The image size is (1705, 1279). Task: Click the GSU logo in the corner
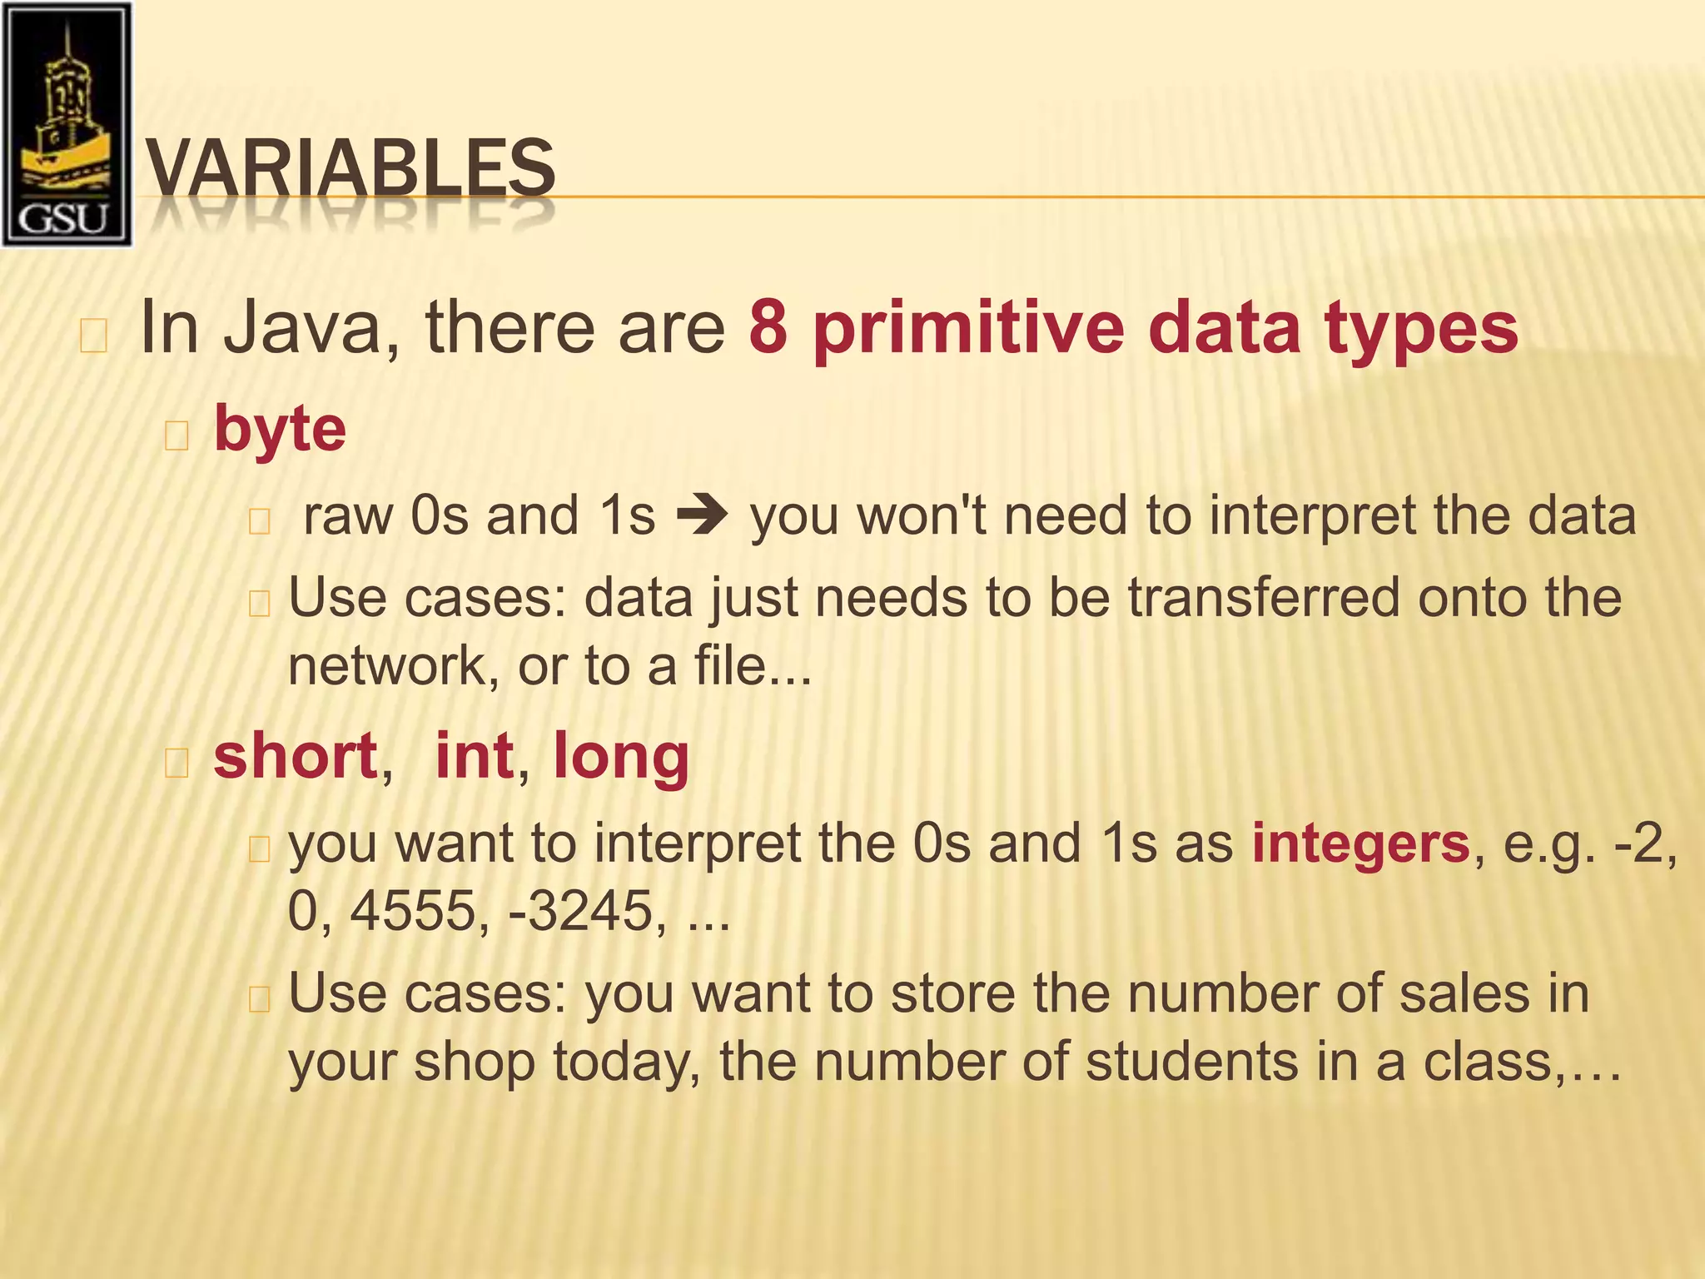click(x=67, y=125)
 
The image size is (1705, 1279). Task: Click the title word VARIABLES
click(x=350, y=169)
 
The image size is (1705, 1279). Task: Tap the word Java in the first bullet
click(x=304, y=327)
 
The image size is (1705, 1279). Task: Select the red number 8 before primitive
click(x=768, y=327)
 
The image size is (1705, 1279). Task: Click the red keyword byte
click(x=280, y=430)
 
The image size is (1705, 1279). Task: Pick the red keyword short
click(x=296, y=756)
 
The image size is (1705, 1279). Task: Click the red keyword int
click(x=474, y=756)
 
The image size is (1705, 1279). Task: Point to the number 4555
click(x=414, y=910)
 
